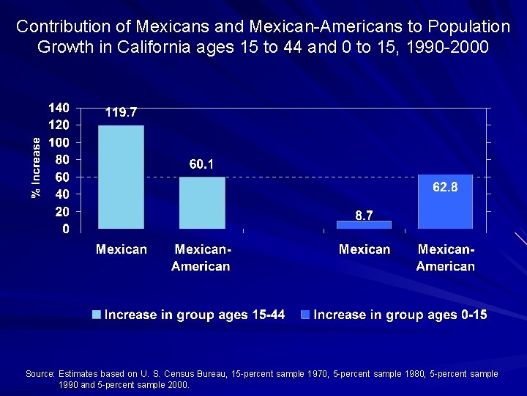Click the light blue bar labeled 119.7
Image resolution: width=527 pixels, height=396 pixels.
click(122, 177)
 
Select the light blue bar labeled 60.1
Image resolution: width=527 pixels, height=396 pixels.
click(202, 202)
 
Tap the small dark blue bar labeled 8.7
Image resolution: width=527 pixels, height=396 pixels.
click(364, 224)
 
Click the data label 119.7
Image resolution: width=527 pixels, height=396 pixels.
click(121, 113)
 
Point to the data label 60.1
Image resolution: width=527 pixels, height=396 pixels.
click(202, 165)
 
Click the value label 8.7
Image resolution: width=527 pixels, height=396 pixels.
click(365, 215)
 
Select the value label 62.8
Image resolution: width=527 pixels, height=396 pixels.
click(445, 188)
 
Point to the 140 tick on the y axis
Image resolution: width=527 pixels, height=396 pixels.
click(59, 108)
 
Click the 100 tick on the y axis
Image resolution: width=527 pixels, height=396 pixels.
click(59, 142)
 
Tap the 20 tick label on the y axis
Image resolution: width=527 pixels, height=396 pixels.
click(62, 211)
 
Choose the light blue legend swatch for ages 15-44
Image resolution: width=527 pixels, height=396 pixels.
click(97, 315)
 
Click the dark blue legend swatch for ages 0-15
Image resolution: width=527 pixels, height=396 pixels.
click(304, 315)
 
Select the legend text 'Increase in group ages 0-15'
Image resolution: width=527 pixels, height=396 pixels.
click(400, 315)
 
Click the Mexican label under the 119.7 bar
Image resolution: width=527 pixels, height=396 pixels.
click(122, 249)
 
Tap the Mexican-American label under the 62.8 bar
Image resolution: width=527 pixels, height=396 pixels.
click(445, 257)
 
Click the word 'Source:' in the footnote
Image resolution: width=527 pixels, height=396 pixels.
click(40, 374)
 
